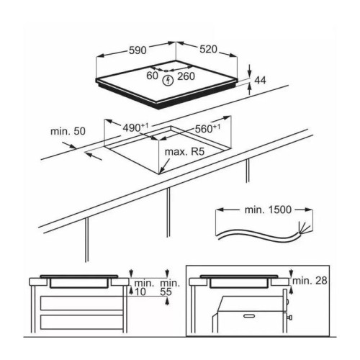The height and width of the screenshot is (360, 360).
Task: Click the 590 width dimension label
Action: click(138, 50)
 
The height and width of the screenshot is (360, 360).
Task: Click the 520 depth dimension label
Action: click(208, 49)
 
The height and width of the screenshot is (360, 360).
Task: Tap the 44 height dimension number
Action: click(260, 80)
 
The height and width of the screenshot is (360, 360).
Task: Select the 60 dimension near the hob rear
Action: click(152, 76)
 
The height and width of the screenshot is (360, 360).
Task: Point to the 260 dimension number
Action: click(186, 76)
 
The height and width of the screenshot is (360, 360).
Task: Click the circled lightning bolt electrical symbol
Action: click(168, 81)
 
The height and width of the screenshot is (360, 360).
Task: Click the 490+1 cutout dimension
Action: click(135, 127)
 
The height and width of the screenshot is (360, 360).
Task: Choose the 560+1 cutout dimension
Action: click(207, 128)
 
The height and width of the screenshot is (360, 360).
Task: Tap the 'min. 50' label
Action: click(68, 131)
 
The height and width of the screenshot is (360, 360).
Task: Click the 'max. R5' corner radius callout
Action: click(184, 152)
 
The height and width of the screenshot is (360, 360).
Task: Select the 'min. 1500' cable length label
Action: click(268, 210)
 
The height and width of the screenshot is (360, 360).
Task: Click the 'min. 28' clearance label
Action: click(310, 280)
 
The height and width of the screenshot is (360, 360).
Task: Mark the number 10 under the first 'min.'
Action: click(140, 292)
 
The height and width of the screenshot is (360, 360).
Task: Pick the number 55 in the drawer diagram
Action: click(166, 292)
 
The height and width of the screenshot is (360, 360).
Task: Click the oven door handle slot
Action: click(251, 316)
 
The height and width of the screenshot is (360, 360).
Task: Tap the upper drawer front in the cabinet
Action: click(81, 303)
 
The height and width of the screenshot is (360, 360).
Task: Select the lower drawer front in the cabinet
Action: click(81, 323)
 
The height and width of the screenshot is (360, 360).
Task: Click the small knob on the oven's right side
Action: click(289, 318)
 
